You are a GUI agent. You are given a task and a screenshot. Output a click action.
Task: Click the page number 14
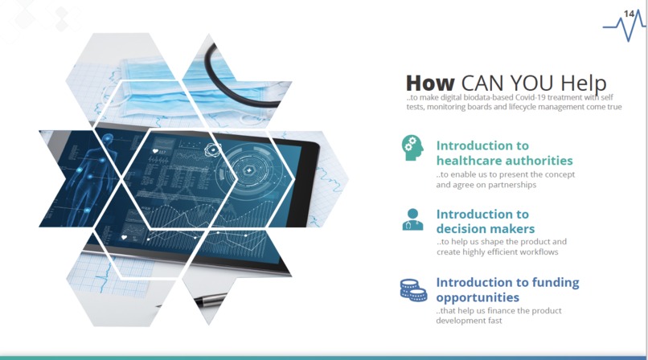coord(630,12)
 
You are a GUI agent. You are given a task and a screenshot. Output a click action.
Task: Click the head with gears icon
coord(412,147)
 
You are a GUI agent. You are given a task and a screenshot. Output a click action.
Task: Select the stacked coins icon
coord(413,289)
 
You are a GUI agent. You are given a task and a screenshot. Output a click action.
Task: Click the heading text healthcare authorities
coord(504,161)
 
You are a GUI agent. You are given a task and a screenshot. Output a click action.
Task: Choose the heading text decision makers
coord(485,229)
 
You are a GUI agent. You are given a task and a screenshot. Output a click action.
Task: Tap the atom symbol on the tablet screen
coord(213,149)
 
